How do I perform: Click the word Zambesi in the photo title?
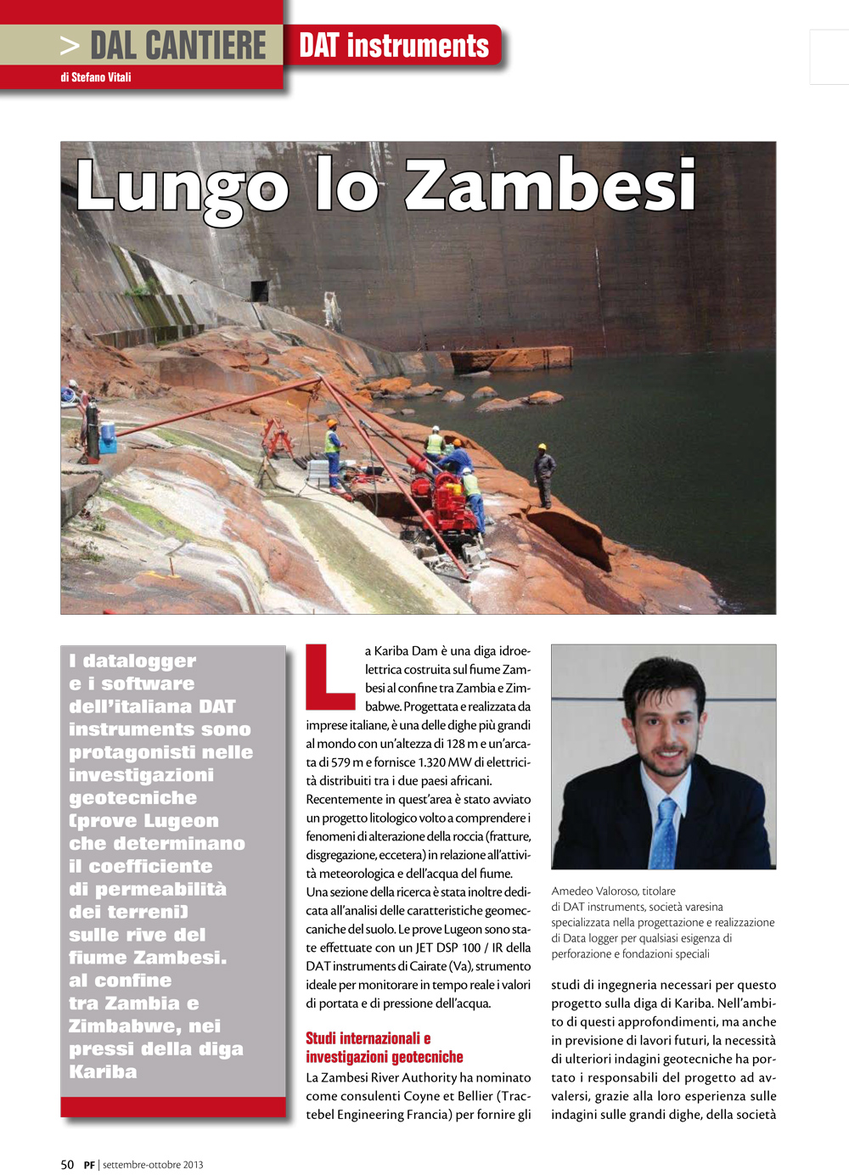(550, 185)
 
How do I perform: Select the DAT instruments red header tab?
(394, 46)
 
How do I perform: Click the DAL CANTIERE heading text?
(177, 46)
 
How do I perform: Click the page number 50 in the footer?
(67, 1165)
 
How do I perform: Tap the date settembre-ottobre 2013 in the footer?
(153, 1165)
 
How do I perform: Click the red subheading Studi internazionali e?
(368, 1038)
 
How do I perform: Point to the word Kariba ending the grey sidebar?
(103, 1071)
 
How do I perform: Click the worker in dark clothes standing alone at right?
(543, 474)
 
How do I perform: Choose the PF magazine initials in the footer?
(89, 1165)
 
